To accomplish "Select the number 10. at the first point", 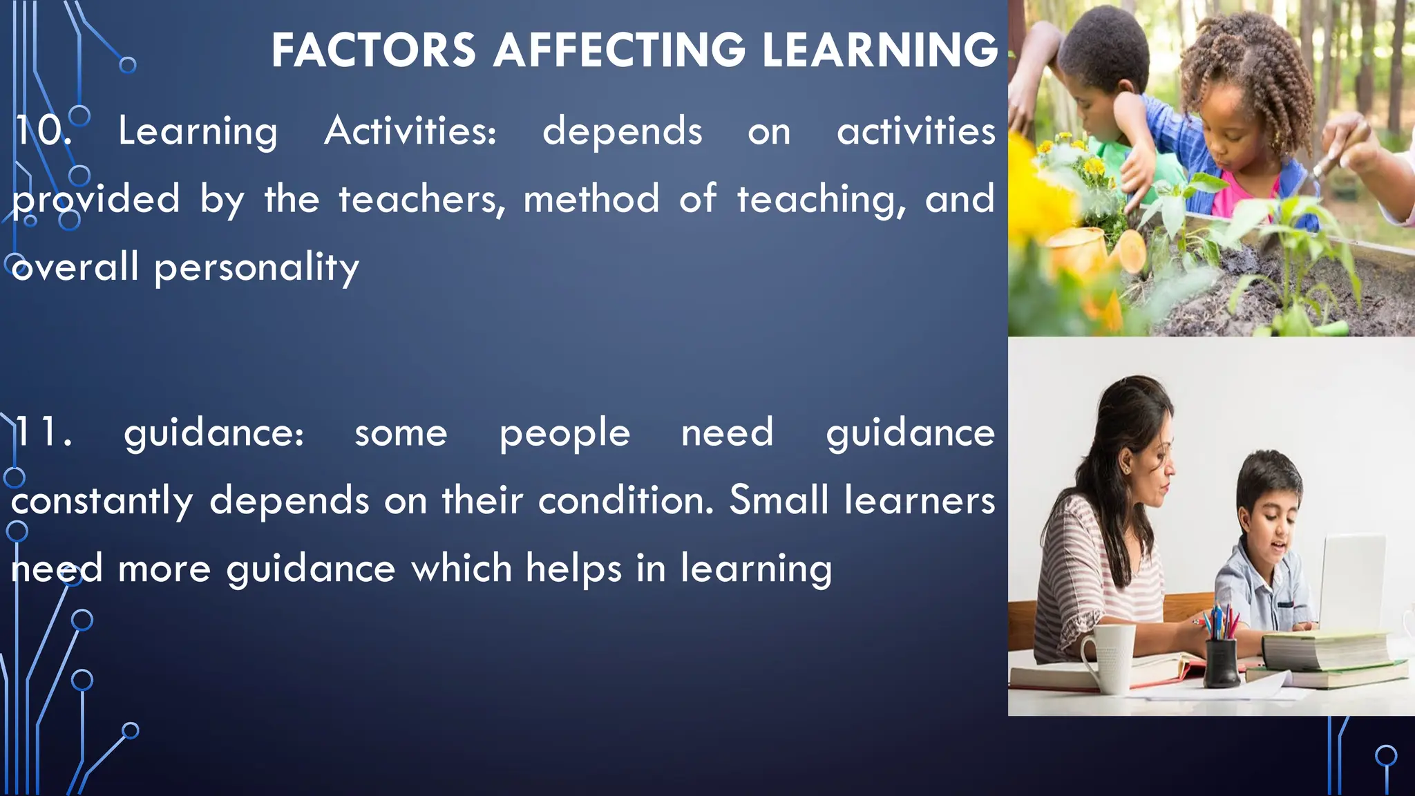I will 43,131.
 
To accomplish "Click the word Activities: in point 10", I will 410,131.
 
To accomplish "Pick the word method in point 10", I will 591,199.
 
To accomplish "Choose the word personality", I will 256,267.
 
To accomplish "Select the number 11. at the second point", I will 43,433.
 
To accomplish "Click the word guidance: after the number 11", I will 213,434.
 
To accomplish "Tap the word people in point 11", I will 564,434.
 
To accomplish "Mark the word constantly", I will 102,501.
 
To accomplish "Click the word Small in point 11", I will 779,500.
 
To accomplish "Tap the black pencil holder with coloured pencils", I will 1221,660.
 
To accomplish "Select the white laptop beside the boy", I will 1353,580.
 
